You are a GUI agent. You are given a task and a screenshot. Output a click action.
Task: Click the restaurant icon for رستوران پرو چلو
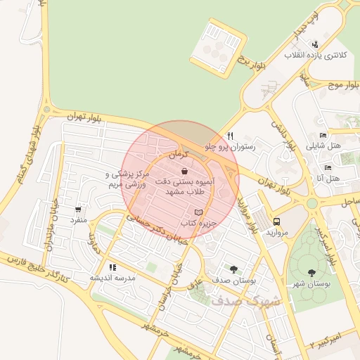coord(229,136)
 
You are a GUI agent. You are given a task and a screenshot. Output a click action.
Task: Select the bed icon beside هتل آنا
coord(328,168)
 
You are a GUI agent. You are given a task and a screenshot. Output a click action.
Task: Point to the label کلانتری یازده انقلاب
coord(312,54)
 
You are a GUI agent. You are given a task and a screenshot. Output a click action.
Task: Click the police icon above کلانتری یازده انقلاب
coord(314,44)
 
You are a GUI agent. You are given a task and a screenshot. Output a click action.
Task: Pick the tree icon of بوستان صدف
coord(233,268)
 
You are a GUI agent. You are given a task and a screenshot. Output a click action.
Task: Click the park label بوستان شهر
coord(311,283)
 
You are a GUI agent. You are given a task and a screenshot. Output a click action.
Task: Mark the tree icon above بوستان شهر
coord(311,272)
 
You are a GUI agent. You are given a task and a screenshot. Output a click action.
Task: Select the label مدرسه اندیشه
coord(112,278)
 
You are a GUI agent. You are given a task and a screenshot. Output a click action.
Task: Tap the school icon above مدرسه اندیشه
coord(112,267)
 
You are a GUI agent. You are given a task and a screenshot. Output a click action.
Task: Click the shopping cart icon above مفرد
coord(77,210)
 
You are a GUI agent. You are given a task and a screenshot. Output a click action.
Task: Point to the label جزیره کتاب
coord(197,223)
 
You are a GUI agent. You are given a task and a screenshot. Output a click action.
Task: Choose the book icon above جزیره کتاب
coord(198,212)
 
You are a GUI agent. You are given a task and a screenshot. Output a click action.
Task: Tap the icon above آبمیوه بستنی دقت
coord(184,171)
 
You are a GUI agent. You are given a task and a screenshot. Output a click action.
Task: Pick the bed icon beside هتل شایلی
coord(322,136)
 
